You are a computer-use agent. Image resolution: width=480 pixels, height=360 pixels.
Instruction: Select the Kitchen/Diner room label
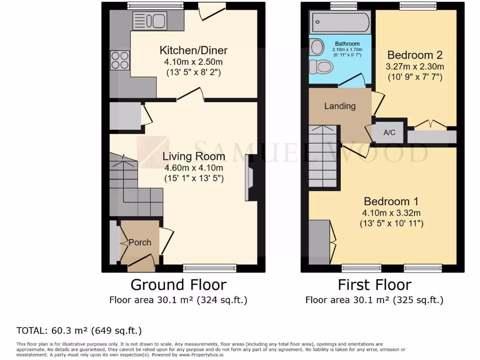pos(194,50)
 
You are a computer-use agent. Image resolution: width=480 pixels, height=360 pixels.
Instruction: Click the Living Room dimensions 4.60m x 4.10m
pos(194,168)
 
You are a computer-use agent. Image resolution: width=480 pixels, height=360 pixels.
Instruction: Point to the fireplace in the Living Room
pos(250,179)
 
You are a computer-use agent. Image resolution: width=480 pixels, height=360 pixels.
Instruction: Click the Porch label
pos(140,242)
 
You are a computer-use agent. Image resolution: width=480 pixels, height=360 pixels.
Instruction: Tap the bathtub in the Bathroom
pos(340,22)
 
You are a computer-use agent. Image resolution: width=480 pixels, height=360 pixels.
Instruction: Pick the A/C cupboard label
pos(389,133)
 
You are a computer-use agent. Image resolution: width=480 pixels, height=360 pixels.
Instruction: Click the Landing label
pos(340,106)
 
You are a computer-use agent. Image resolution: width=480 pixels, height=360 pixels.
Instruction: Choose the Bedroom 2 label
pos(415,54)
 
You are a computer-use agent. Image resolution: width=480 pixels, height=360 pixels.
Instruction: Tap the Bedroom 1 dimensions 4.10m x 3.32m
pos(391,213)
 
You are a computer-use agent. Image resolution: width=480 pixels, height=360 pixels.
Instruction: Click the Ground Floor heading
pos(178,285)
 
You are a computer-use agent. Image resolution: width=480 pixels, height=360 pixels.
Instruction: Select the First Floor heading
pos(375,285)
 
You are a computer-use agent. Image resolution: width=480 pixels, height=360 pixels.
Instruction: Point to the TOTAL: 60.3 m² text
pos(79,330)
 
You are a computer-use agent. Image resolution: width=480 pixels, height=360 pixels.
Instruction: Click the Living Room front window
pos(209,268)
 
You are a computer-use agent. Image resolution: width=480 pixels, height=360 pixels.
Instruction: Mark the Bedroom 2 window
pos(418,6)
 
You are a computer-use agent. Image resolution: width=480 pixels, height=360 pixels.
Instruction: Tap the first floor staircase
pos(323,157)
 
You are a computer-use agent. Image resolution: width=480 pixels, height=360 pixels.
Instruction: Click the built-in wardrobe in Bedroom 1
pos(319,241)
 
